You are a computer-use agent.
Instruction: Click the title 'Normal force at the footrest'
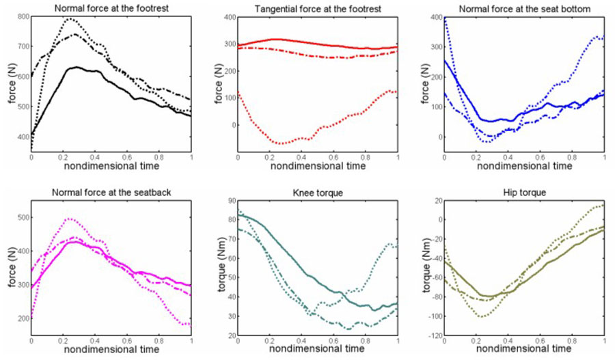[x=111, y=8]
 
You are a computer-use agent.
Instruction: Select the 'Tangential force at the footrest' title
[x=318, y=8]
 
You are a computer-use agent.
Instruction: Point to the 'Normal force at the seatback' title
[x=111, y=193]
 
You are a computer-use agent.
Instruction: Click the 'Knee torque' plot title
[x=318, y=193]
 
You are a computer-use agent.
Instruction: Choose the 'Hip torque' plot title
[x=525, y=193]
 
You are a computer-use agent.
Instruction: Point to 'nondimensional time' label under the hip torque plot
[x=525, y=349]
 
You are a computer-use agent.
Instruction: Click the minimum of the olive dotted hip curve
[x=482, y=316]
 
